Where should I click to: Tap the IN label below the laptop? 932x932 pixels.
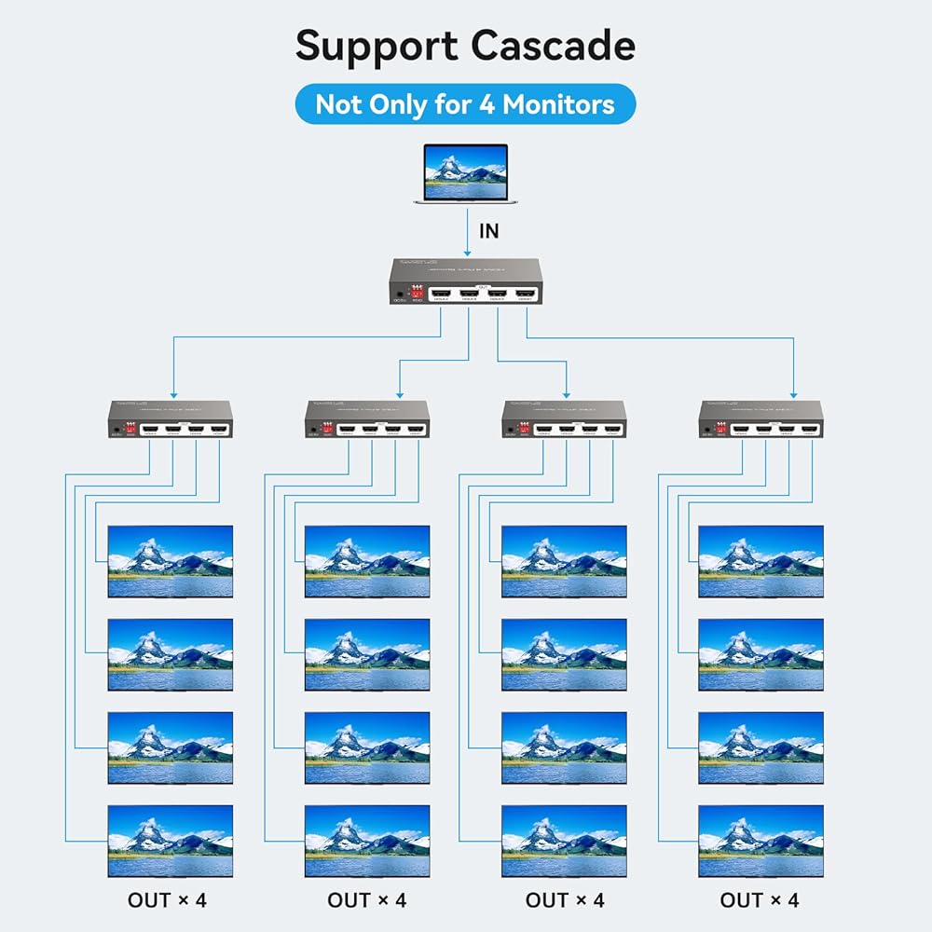tap(489, 231)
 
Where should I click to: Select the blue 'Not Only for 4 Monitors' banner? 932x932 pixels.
tap(465, 104)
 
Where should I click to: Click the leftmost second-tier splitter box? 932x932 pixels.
tap(171, 419)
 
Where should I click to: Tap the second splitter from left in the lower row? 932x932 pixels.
tap(367, 419)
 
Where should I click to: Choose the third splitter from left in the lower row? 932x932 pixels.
tap(564, 419)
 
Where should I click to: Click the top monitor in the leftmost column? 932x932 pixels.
tap(171, 561)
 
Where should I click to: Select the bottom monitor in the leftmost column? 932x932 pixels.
tap(171, 841)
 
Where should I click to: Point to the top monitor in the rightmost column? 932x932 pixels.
tap(761, 561)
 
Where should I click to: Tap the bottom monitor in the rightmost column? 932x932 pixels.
tap(761, 841)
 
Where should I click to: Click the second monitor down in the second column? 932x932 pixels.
tap(367, 654)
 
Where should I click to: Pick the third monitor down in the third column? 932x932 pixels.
tap(564, 747)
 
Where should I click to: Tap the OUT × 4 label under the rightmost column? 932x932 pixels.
tap(760, 900)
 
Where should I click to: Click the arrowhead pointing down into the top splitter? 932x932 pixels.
tap(468, 250)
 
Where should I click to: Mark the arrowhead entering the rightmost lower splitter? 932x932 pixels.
tap(794, 392)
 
